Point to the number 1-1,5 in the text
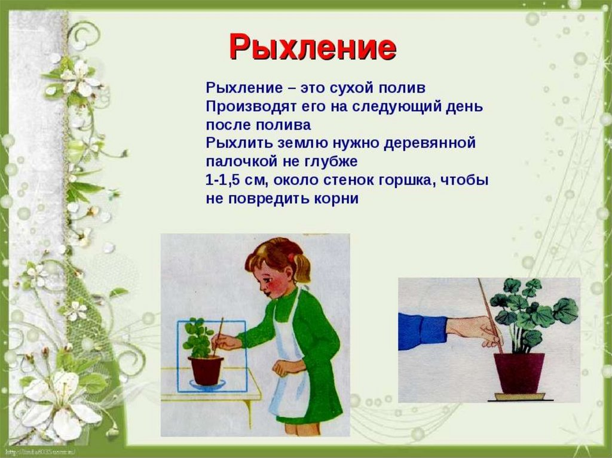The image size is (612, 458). point(227,180)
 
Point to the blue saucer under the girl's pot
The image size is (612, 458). point(206,385)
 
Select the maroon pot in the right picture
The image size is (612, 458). point(519,372)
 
